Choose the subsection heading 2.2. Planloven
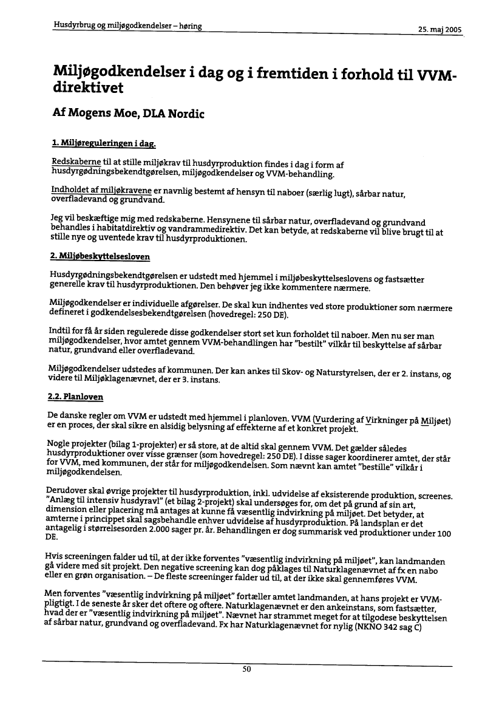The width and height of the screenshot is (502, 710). coord(75,397)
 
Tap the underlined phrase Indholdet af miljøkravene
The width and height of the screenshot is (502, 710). coord(94,191)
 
